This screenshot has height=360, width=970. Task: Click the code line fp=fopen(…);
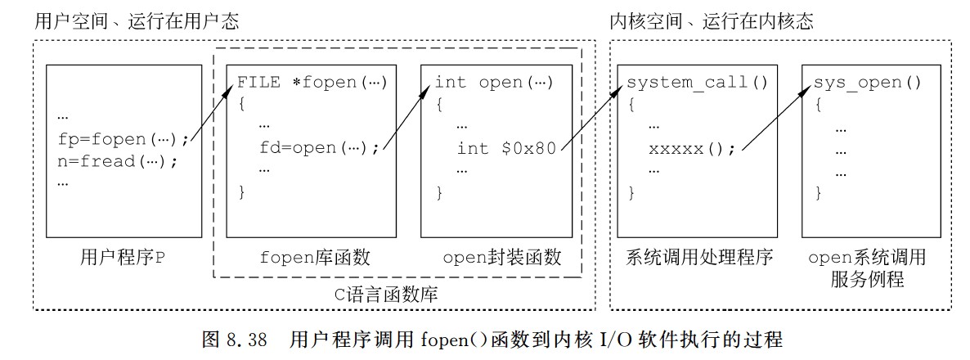123,139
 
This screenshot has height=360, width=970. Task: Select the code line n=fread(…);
118,160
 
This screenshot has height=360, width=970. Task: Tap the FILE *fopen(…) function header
312,83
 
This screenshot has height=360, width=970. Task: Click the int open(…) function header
493,83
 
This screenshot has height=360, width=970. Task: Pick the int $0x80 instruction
506,148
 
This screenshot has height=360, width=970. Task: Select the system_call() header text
698,83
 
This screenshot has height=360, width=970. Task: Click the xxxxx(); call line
692,149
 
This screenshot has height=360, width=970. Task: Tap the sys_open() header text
867,83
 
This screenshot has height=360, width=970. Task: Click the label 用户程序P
123,258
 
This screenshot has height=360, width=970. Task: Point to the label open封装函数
502,258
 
